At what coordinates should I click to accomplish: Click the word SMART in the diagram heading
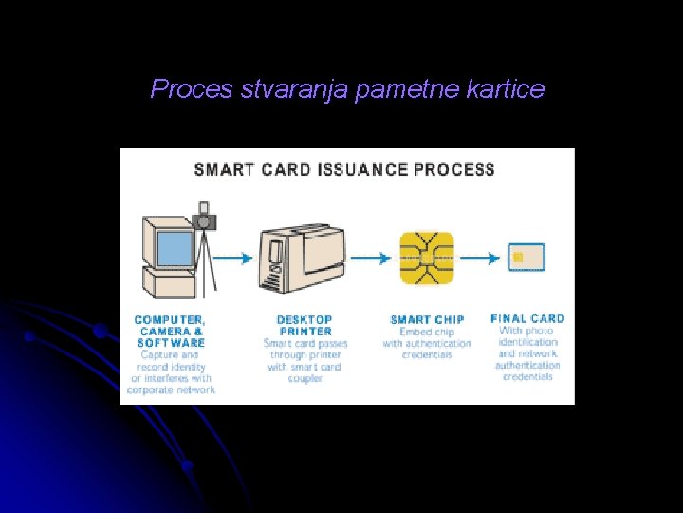(224, 170)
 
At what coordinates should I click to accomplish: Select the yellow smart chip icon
(426, 257)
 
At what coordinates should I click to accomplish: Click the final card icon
(526, 257)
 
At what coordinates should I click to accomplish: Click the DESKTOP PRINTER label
(305, 326)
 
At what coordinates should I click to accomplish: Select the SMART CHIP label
(426, 320)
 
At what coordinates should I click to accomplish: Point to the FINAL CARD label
(527, 318)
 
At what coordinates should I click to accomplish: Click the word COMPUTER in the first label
(170, 320)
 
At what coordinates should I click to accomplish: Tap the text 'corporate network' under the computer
(171, 389)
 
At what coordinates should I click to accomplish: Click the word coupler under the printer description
(305, 378)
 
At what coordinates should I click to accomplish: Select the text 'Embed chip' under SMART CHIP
(426, 332)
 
